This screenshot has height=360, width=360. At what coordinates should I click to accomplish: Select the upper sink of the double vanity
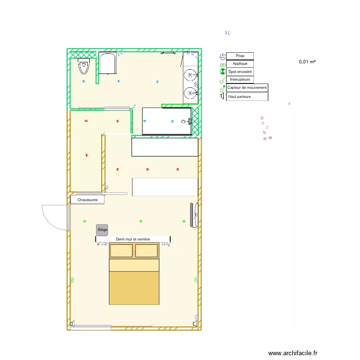click(191, 75)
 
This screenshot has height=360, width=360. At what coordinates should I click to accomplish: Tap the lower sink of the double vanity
click(191, 93)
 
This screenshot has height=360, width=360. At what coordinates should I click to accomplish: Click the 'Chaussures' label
click(87, 200)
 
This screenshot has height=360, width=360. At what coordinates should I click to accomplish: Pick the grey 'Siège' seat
click(102, 230)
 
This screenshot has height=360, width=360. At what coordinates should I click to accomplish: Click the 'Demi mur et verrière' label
click(133, 239)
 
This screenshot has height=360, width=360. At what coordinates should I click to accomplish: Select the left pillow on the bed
click(121, 251)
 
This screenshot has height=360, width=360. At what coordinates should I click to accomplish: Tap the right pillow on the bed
click(146, 251)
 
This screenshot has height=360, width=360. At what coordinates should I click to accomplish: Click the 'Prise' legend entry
click(240, 56)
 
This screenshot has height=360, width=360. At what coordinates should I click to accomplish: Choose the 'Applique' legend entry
click(240, 64)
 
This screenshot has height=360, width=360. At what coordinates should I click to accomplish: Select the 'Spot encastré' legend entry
click(240, 72)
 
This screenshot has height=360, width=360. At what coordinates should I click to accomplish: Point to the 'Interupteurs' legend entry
click(240, 79)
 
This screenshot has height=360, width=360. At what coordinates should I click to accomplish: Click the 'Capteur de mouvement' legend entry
click(247, 88)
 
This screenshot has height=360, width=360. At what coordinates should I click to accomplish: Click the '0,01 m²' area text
click(307, 62)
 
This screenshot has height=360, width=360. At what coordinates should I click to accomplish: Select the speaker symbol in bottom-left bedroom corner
click(72, 324)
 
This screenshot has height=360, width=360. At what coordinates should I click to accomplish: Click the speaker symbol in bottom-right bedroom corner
click(195, 324)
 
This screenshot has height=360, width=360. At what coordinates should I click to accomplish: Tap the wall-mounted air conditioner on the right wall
click(194, 215)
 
